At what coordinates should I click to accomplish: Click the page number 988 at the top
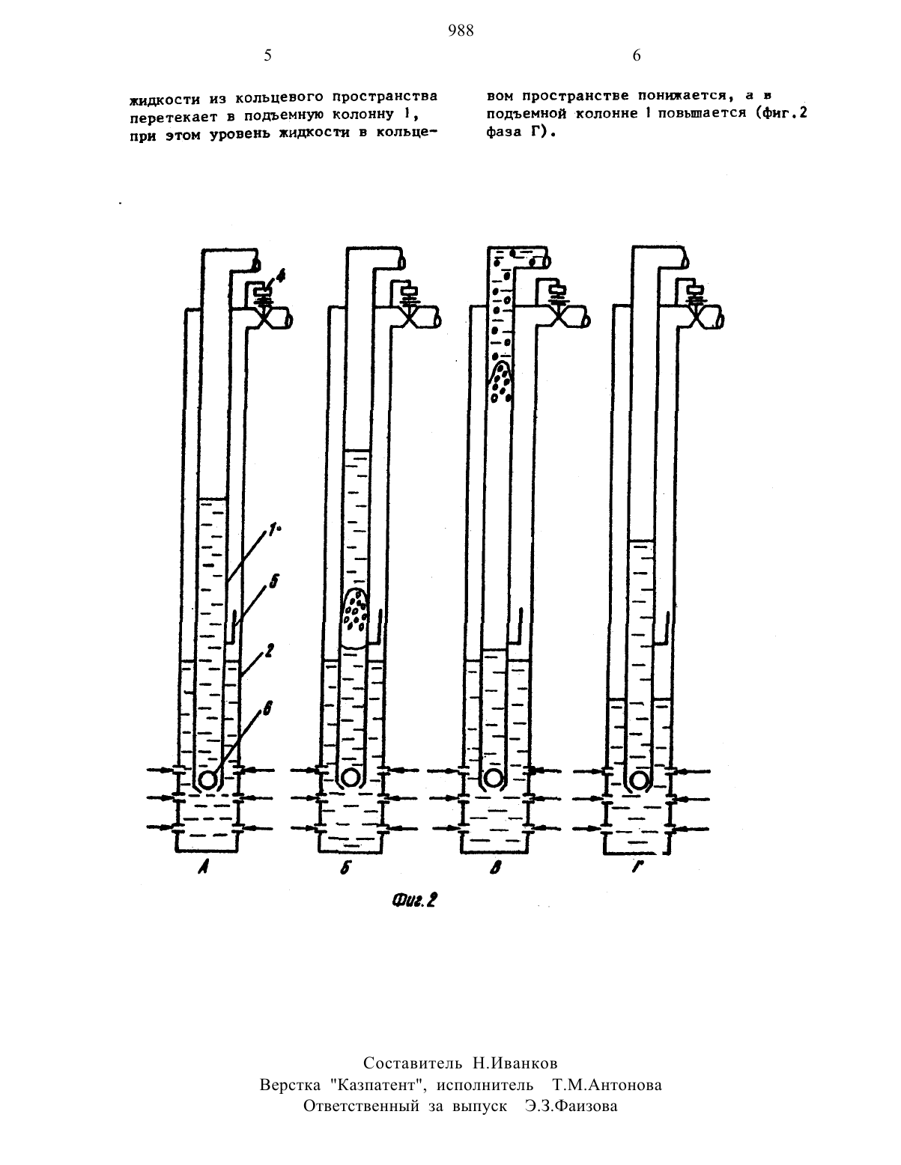pos(461,31)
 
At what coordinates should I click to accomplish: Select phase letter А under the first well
pos(203,868)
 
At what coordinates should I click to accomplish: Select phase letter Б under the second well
pos(345,868)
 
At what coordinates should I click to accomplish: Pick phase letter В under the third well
pos(495,868)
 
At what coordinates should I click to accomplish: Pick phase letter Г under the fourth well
pos(637,868)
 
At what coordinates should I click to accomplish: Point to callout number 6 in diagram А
pos(267,709)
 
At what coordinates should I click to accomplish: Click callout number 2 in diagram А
pos(269,651)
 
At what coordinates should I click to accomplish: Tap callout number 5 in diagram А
pos(273,581)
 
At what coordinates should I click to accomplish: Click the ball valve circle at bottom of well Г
pos(639,779)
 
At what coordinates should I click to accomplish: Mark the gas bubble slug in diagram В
pos(500,381)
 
